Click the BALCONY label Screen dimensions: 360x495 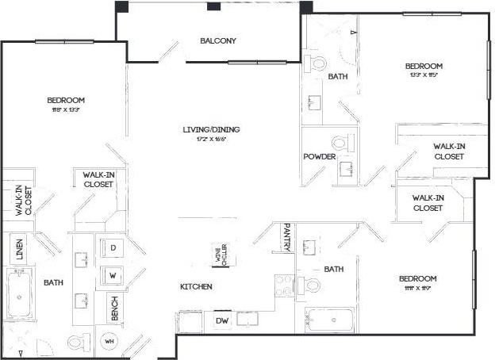217,41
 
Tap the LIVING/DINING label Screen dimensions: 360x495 213,129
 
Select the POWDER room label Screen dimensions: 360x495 320,157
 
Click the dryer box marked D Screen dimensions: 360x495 113,248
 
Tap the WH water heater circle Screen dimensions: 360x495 109,342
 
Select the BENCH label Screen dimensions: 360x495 116,308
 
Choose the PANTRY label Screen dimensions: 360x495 286,237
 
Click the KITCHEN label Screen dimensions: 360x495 195,286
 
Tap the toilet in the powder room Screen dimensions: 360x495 340,144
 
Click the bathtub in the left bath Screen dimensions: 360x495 20,294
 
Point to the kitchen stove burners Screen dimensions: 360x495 284,285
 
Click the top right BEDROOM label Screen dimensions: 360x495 424,67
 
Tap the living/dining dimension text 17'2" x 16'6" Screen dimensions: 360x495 213,140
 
